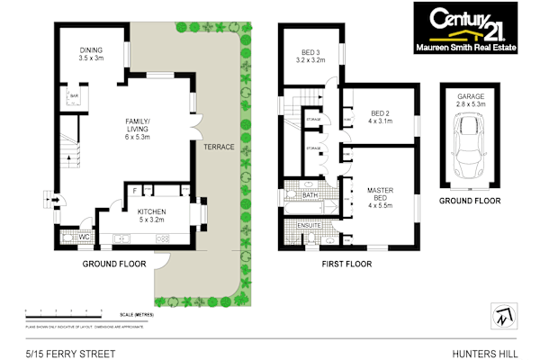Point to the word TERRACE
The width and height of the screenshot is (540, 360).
tap(218, 147)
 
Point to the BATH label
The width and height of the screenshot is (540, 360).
tap(310, 194)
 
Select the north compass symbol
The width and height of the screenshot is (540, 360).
tap(499, 314)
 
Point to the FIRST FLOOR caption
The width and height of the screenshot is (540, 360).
tap(346, 265)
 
